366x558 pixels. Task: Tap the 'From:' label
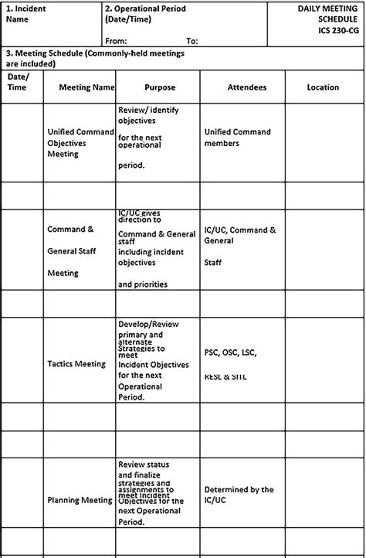coord(116,40)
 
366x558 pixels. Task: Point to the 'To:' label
coord(192,40)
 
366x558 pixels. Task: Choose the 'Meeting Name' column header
coord(86,87)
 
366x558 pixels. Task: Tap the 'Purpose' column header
coord(160,87)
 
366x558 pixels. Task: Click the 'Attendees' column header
coord(247,87)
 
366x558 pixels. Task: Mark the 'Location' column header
coord(322,87)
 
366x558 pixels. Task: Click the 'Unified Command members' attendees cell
coord(237,137)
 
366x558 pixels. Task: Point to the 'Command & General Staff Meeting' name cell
coord(71,250)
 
